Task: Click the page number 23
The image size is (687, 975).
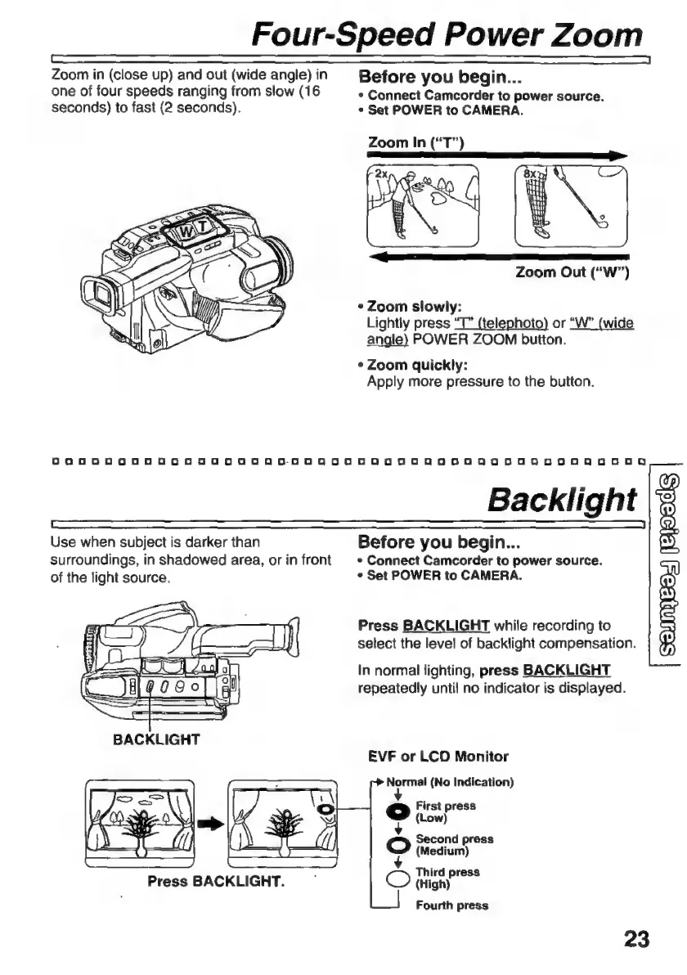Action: coord(635,937)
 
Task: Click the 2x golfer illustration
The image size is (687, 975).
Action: coord(424,209)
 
